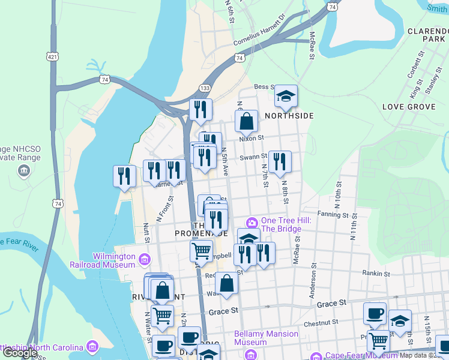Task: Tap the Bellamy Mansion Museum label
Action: [266, 338]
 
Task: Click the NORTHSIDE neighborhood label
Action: [289, 115]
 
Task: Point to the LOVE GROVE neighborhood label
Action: [409, 107]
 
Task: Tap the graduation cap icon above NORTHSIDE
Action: [286, 97]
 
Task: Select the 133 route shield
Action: [205, 88]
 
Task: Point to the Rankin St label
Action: [376, 274]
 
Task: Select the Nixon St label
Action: [252, 138]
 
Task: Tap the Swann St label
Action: [253, 157]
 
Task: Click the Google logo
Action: [20, 353]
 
